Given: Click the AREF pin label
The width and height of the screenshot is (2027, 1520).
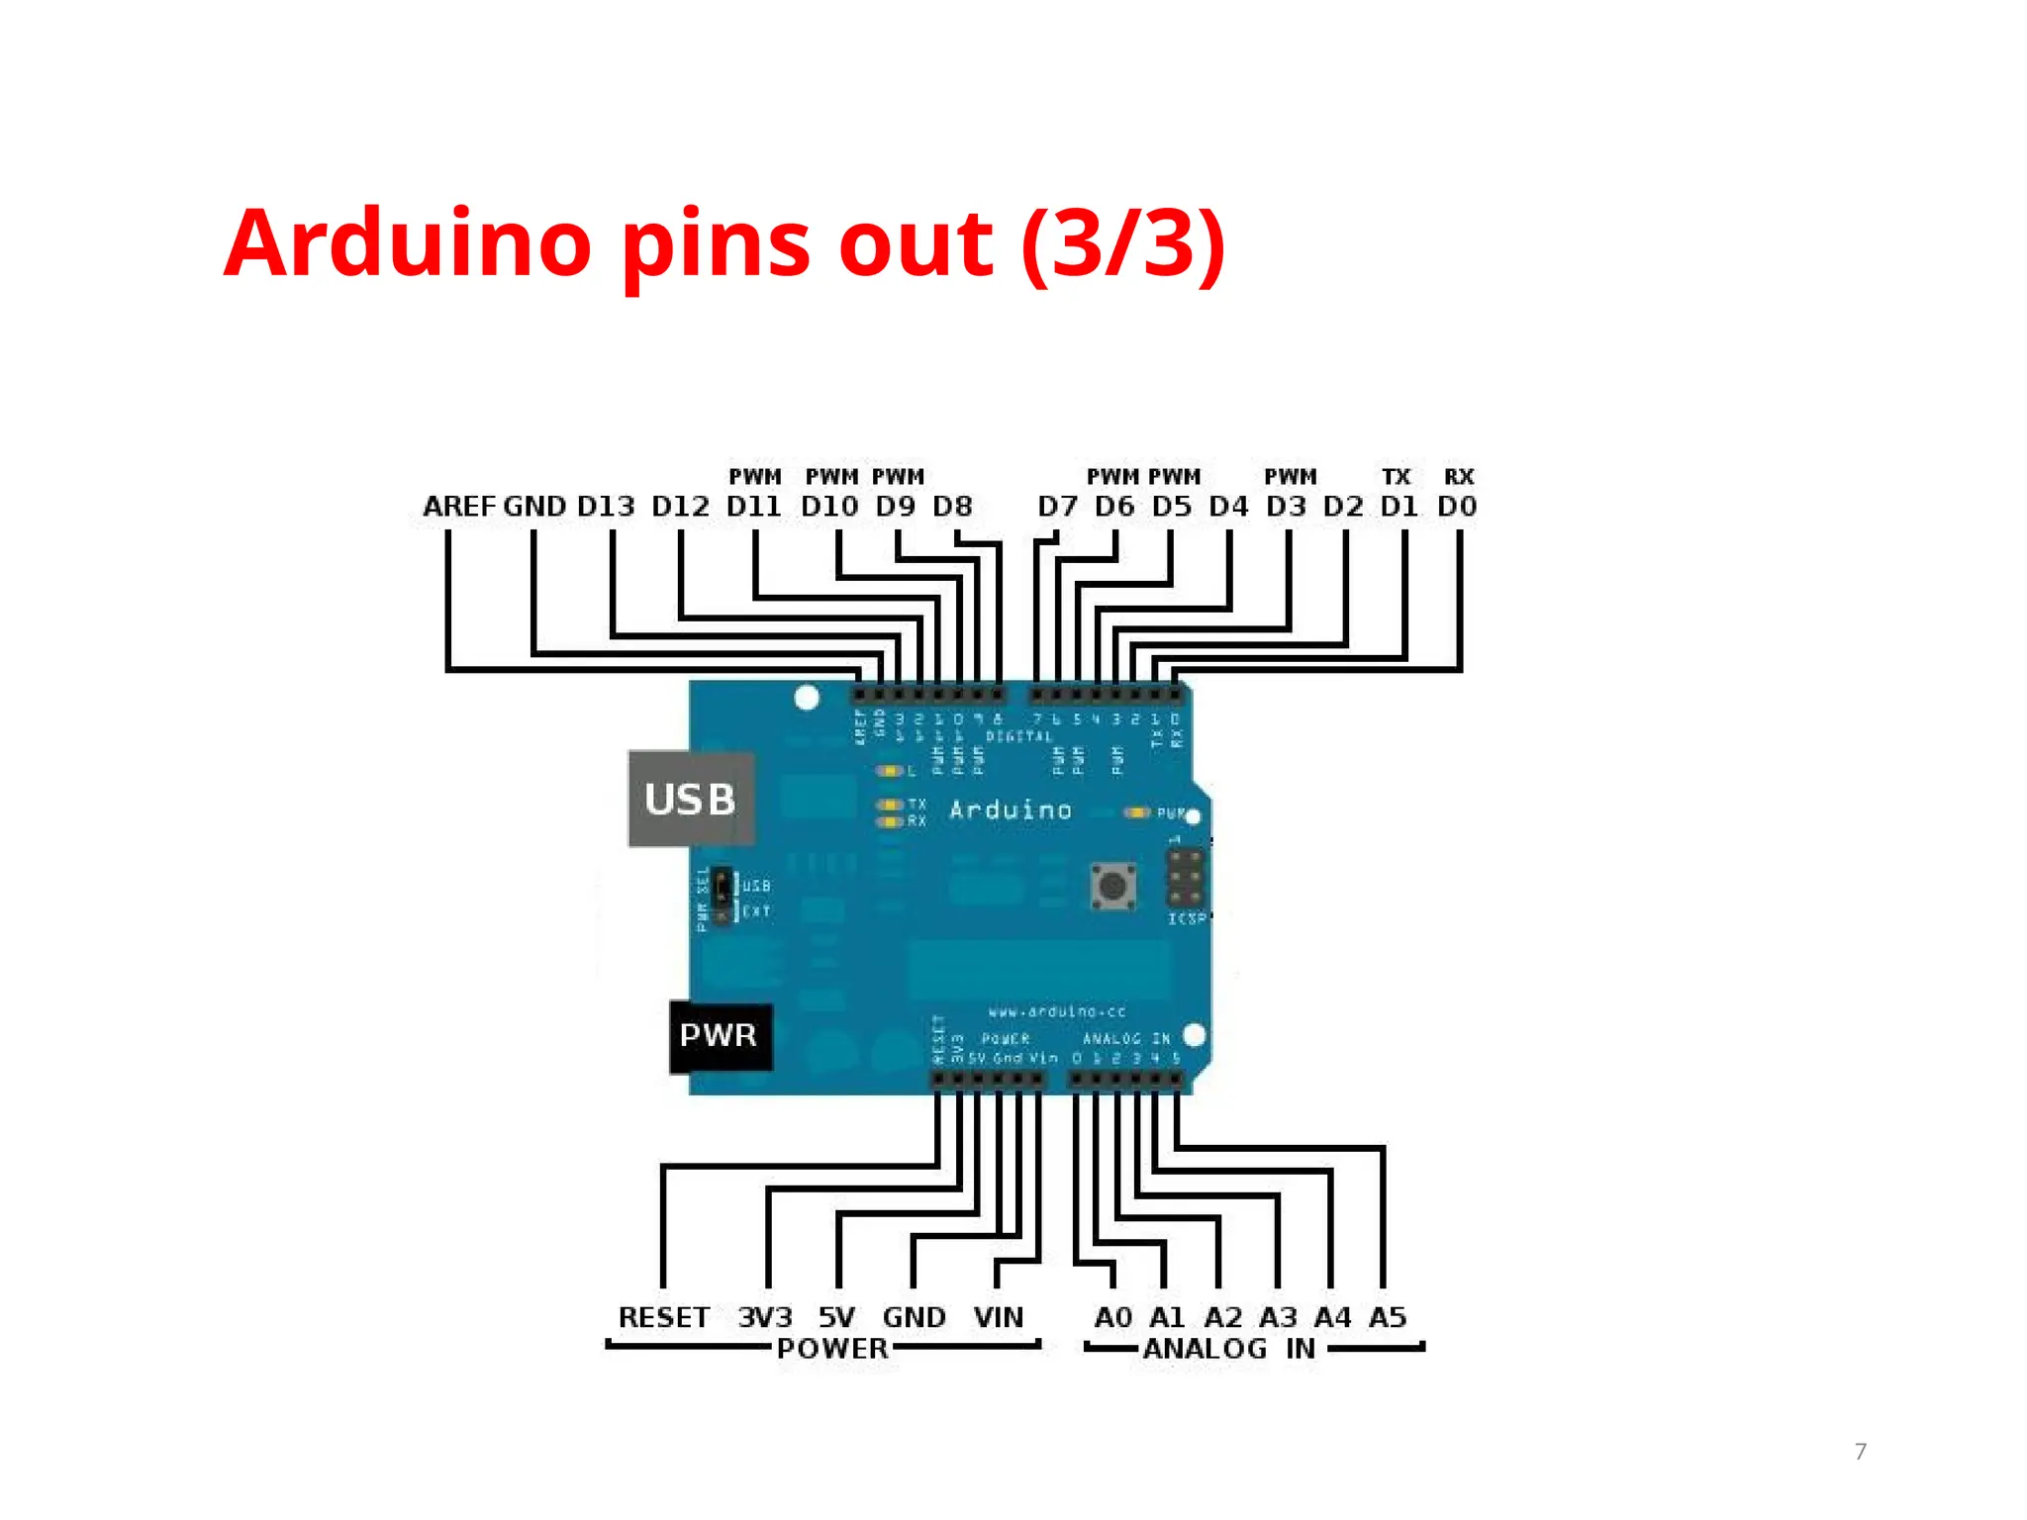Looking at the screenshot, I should point(458,507).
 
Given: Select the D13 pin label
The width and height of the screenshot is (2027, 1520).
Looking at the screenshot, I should point(606,507).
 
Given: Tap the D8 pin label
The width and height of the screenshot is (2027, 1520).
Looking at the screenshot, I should point(952,507).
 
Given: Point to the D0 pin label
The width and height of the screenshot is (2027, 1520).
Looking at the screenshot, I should point(1457,507).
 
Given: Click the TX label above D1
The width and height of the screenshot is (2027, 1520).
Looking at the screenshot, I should point(1396,477).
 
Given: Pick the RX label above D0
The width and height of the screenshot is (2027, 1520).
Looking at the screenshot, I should point(1459,477).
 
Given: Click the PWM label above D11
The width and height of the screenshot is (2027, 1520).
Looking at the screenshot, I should point(755,477).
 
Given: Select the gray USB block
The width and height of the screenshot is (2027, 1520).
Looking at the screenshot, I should point(691,800).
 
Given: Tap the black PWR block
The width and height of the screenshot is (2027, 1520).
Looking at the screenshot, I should point(720,1036).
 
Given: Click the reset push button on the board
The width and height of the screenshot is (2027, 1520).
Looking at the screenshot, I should point(1113,885).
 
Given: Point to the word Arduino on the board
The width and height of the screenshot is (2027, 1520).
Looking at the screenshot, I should point(1011,810).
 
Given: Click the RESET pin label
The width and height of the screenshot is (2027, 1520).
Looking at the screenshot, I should point(663,1317).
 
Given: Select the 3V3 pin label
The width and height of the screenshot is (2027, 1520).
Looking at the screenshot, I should point(765,1317).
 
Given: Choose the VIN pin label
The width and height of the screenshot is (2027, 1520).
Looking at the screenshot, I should point(998,1317).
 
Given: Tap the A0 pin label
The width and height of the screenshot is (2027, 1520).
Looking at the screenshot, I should point(1112,1317).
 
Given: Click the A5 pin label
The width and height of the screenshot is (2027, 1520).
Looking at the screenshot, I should point(1388,1317).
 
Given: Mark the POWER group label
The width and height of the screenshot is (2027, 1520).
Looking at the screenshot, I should point(832,1348).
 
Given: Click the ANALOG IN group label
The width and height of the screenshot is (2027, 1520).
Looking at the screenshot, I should point(1229,1348).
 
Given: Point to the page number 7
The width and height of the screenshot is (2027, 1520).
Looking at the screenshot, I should point(1861,1452).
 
